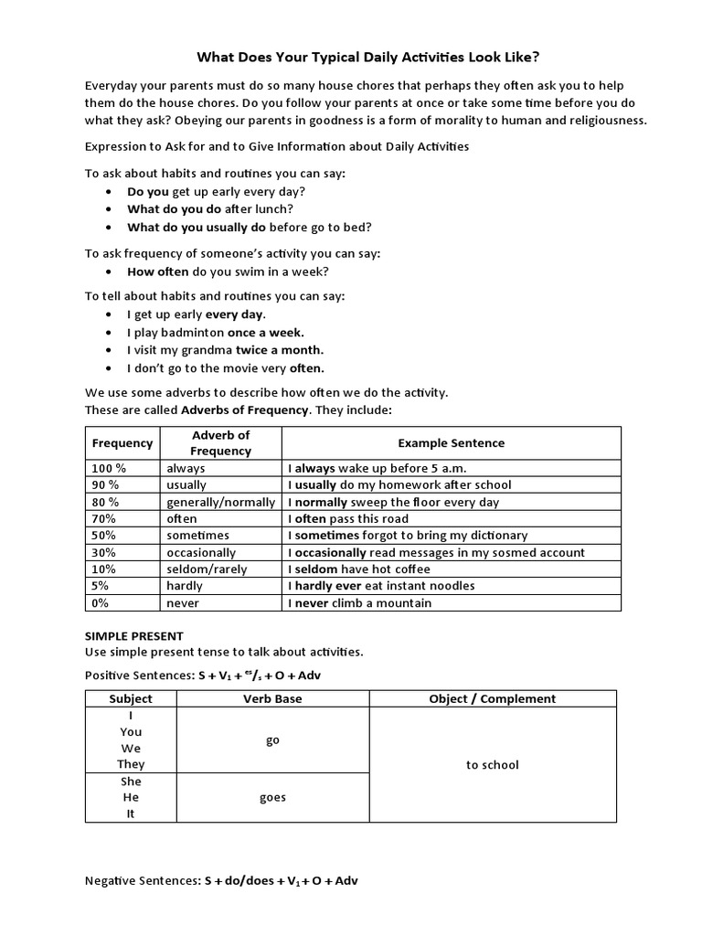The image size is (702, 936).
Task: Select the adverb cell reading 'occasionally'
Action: (x=200, y=552)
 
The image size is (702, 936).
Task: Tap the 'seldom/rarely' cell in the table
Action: (x=207, y=569)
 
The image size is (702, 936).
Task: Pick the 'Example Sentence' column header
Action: (x=451, y=443)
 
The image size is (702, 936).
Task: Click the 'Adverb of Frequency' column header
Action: (x=220, y=443)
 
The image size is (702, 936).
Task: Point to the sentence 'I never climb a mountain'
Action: (x=360, y=603)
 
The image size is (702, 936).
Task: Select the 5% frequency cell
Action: (x=101, y=586)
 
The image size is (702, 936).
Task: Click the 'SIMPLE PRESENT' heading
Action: (x=134, y=635)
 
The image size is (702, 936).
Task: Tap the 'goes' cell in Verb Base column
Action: (x=272, y=797)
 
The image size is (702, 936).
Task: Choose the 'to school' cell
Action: (x=492, y=764)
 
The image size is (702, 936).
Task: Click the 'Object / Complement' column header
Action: (x=492, y=698)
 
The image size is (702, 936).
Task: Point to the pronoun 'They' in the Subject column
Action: (x=131, y=764)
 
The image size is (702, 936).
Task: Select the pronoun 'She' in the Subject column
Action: (x=131, y=782)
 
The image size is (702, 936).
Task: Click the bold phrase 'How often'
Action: (x=157, y=271)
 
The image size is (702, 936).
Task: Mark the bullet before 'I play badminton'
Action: (x=109, y=333)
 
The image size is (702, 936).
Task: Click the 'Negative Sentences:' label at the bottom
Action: (x=142, y=881)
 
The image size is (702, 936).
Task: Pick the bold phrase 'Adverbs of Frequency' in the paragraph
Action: (x=245, y=409)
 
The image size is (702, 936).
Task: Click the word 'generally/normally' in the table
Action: (x=220, y=502)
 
